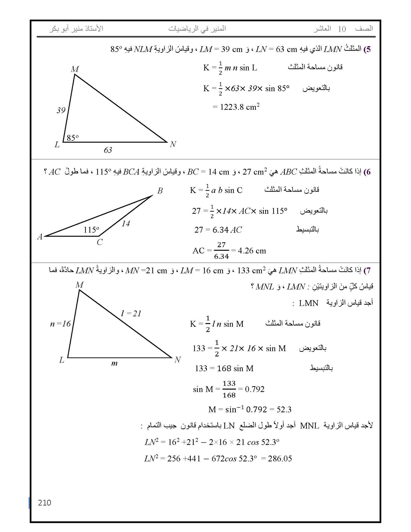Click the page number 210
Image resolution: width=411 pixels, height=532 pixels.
(x=44, y=503)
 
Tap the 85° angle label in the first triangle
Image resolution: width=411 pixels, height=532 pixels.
(x=72, y=138)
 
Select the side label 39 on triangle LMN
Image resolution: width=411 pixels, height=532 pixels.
(x=61, y=110)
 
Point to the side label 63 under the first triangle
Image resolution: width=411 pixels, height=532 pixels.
(x=108, y=150)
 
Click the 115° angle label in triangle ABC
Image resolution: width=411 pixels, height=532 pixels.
(x=91, y=230)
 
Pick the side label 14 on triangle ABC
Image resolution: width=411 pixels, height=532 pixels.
(x=126, y=223)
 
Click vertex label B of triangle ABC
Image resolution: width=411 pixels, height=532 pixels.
(x=160, y=191)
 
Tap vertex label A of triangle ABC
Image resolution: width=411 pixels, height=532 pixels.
(x=40, y=237)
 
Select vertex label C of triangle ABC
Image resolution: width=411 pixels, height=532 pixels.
(x=100, y=242)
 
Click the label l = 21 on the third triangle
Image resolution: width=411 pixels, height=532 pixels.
(x=131, y=314)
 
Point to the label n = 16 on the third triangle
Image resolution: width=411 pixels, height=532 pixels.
(x=60, y=324)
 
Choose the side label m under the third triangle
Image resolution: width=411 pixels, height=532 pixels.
(x=114, y=363)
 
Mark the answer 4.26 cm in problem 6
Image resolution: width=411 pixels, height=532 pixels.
(x=252, y=251)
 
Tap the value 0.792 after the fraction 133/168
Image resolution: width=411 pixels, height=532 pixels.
(x=255, y=389)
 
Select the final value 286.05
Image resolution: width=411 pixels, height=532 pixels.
(x=280, y=458)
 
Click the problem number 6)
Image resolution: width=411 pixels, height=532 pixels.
(x=367, y=172)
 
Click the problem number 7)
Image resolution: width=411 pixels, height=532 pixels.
(x=367, y=271)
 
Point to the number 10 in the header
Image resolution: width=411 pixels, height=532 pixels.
(x=342, y=29)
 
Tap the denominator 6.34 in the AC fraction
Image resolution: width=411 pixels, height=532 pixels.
(x=221, y=257)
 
